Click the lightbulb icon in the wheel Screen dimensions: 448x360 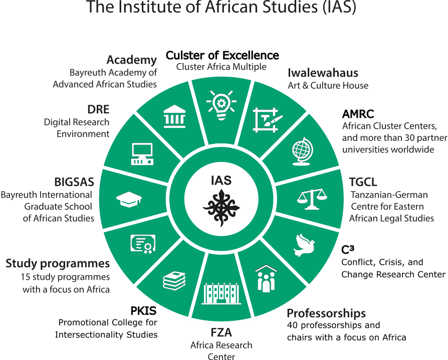[221, 105]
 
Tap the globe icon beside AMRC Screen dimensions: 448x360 [302, 151]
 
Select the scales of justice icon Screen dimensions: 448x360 [312, 199]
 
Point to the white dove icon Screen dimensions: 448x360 [304, 245]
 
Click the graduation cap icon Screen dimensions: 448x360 [129, 199]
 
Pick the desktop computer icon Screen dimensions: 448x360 [142, 154]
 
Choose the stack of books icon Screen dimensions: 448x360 [174, 280]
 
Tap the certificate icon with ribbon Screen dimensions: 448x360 [143, 244]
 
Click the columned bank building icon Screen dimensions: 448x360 [174, 116]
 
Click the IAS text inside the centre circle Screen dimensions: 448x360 [221, 181]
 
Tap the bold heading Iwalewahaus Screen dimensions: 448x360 [323, 73]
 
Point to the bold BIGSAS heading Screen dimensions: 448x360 [74, 182]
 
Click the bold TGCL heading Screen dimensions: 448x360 [363, 182]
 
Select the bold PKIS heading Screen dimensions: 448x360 [143, 310]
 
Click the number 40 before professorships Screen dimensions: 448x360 [293, 325]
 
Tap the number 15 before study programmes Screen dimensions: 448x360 [25, 277]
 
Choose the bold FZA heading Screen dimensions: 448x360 [221, 332]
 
